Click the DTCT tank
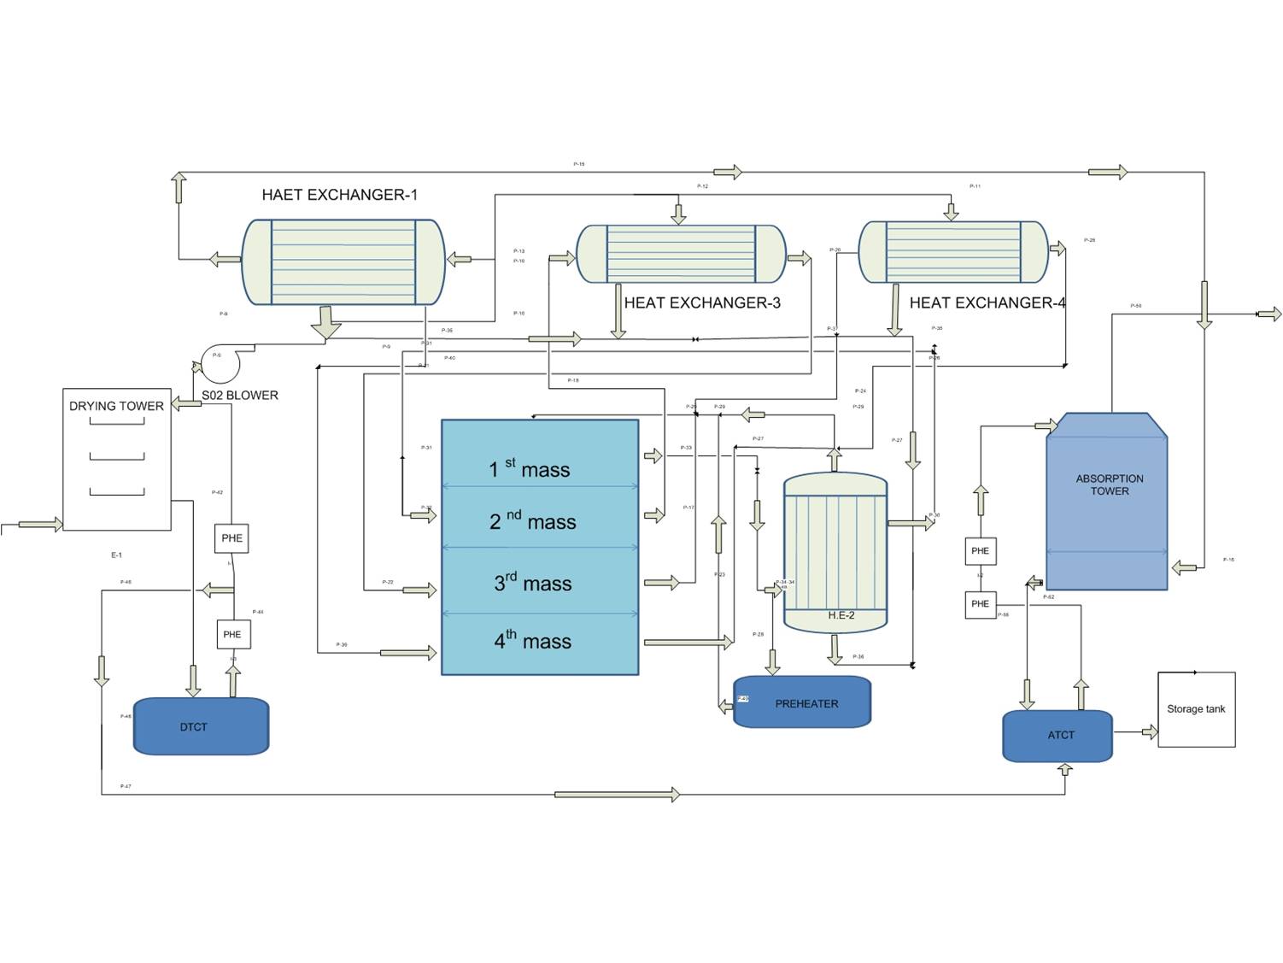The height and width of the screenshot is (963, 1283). click(201, 726)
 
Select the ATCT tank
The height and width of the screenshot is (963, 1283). click(1057, 735)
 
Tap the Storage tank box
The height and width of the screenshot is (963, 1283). click(1196, 709)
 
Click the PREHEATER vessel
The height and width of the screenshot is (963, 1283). click(802, 703)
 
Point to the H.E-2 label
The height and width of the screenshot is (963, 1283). click(841, 615)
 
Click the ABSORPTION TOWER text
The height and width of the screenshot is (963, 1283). click(1109, 484)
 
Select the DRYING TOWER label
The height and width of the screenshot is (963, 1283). click(116, 406)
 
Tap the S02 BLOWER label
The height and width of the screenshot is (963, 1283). click(239, 395)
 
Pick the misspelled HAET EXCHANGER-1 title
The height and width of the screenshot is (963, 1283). click(339, 195)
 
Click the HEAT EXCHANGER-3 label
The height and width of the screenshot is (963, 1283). click(701, 302)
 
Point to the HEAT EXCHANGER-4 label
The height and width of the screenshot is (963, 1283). click(987, 302)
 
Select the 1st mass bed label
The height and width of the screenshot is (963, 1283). click(529, 468)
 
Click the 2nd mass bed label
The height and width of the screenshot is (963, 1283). click(532, 521)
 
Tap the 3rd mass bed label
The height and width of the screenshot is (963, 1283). click(532, 583)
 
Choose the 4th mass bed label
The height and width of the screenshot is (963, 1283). click(532, 640)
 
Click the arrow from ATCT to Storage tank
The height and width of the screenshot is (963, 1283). click(1148, 732)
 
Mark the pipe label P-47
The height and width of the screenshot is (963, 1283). click(126, 786)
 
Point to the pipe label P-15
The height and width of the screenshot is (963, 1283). click(578, 164)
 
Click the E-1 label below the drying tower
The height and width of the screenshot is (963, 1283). click(116, 555)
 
